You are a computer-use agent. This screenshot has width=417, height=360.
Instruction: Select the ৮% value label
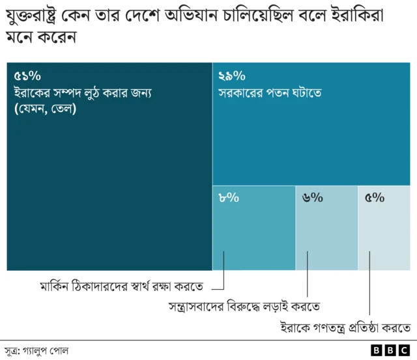coord(229,198)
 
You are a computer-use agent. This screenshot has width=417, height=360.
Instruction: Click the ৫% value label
coord(374,198)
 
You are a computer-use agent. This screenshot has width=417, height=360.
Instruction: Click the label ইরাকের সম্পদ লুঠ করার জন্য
coord(82,93)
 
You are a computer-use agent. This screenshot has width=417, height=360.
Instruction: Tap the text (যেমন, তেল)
coord(44,109)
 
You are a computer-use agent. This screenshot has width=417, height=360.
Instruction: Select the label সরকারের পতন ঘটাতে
coord(271,93)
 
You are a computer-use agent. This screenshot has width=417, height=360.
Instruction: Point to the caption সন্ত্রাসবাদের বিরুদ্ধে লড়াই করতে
coord(244,306)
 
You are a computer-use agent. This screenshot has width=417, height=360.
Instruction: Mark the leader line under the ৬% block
coord(306,273)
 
